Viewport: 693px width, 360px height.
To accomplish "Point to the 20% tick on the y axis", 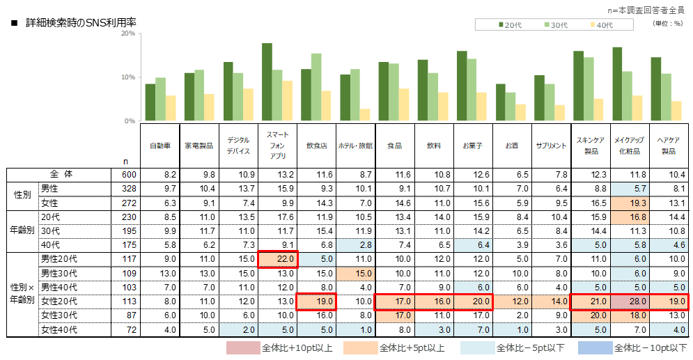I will tap(129, 33).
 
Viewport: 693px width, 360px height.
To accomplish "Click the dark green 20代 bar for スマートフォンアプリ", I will tap(267, 82).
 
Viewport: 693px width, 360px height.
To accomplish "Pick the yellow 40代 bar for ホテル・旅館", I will tap(365, 115).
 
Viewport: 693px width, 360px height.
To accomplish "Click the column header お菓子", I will tap(473, 146).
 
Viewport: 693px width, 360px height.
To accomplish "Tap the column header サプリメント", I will tap(550, 146).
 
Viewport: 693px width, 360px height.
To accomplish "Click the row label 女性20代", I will tap(59, 302).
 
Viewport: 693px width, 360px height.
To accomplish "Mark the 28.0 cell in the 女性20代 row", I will tap(630, 302).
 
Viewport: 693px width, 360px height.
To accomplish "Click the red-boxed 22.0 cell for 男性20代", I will tap(278, 259).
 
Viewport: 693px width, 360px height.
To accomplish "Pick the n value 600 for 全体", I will tap(127, 175).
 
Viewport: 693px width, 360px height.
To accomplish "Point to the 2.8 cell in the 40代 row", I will tap(357, 245).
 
